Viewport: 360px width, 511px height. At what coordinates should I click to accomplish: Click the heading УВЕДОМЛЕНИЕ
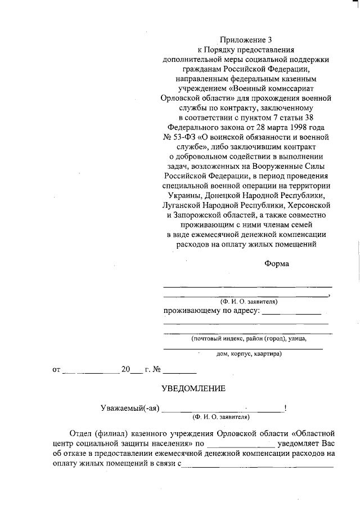pos(193,388)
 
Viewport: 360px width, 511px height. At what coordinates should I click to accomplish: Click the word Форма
pos(277,263)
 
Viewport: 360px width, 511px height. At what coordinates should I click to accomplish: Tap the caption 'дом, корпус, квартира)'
pos(249,355)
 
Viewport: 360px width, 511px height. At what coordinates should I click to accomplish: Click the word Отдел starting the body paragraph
pos(82,433)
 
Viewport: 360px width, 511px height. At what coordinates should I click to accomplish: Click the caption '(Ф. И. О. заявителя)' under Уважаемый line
pos(220,418)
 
